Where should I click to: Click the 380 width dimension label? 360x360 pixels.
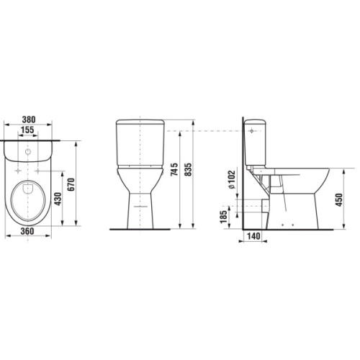click(x=29, y=120)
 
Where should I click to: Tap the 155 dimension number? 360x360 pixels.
click(x=27, y=130)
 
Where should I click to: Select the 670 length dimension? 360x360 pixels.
click(x=71, y=184)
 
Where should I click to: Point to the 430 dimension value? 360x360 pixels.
click(x=58, y=199)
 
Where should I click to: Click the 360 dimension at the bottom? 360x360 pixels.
click(x=27, y=231)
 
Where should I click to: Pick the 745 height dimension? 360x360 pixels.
click(x=174, y=169)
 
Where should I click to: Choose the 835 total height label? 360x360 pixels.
click(x=188, y=169)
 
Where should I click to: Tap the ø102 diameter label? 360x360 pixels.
click(x=231, y=179)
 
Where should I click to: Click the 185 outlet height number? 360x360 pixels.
click(x=223, y=217)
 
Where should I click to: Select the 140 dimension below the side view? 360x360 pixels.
click(x=253, y=236)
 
